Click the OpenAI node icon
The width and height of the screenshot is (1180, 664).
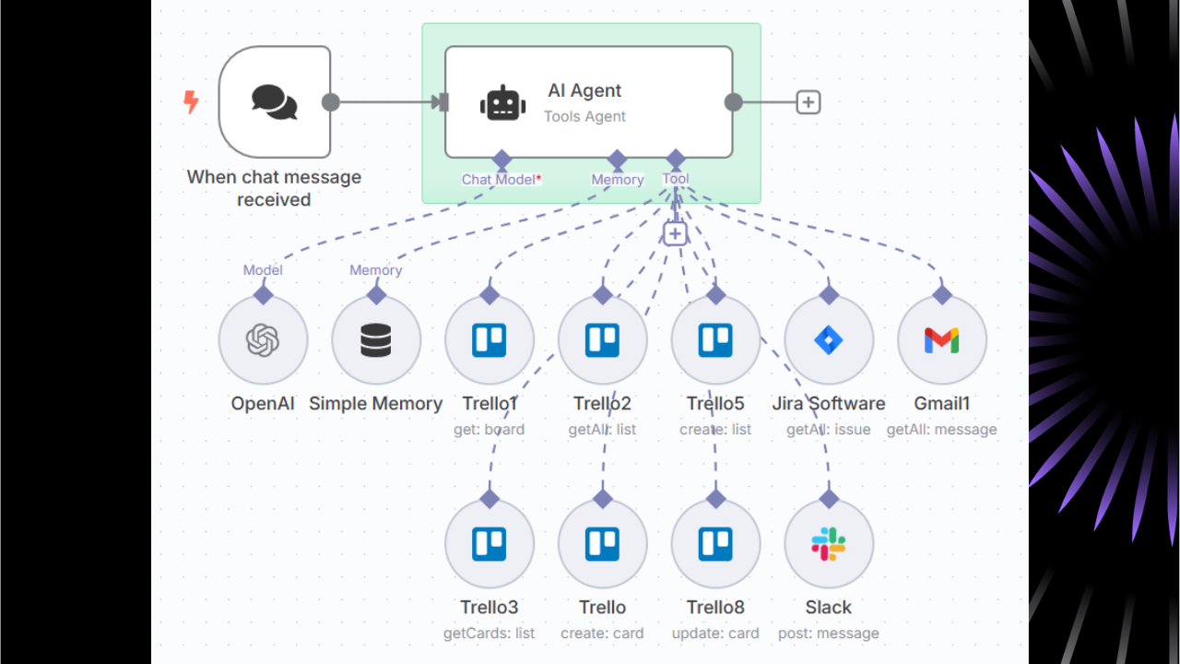coord(263,341)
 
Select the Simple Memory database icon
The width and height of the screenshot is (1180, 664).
coord(376,341)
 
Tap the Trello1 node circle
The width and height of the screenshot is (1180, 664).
coord(490,341)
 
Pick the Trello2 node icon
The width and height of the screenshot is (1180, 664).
coord(602,341)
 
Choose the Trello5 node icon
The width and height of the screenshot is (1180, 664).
coord(715,341)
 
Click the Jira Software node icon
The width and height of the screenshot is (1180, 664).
coord(829,341)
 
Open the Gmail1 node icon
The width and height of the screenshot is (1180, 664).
coord(941,341)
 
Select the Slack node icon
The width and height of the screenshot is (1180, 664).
coord(829,544)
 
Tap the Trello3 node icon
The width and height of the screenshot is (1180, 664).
coord(490,544)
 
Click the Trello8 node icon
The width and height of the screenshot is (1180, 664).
coord(715,544)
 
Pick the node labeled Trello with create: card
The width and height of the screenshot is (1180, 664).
coord(602,544)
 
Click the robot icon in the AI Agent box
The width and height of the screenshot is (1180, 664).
coord(502,102)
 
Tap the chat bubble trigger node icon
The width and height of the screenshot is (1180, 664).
coord(275,102)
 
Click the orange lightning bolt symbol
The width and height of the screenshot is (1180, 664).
coord(191,101)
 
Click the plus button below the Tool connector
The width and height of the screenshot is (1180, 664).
coord(675,233)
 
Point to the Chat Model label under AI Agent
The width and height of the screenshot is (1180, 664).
coord(499,180)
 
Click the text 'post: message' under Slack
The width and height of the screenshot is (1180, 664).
coord(829,634)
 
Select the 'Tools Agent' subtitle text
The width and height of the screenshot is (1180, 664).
coord(584,117)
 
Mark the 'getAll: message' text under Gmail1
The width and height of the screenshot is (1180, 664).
coord(941,430)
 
